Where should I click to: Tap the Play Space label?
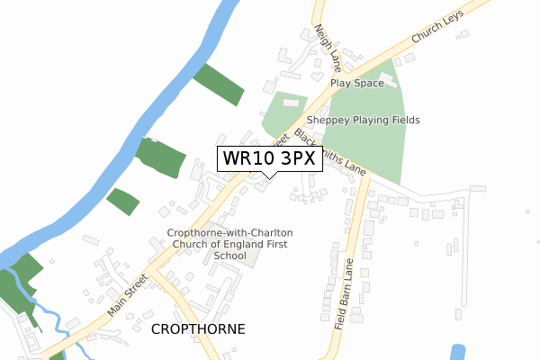click(x=356, y=83)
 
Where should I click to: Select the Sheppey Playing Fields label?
click(x=363, y=120)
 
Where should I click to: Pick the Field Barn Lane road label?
click(x=346, y=294)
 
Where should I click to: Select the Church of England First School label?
click(x=229, y=244)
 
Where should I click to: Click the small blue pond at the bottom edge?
click(x=456, y=352)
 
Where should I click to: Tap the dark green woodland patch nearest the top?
click(x=218, y=85)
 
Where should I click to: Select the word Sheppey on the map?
click(x=328, y=120)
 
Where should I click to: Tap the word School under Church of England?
click(x=230, y=256)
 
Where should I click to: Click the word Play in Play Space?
click(x=339, y=83)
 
